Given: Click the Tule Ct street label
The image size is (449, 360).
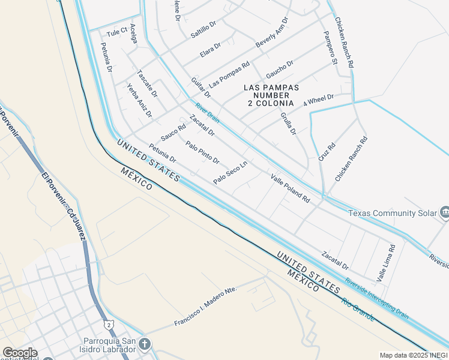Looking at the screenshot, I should (117, 31).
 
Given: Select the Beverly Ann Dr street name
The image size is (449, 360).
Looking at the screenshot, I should (273, 34).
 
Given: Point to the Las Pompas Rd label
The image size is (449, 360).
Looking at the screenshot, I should (229, 73).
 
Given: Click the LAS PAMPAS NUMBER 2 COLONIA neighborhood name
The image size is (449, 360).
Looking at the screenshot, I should (271, 95).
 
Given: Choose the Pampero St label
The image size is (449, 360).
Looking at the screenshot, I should (330, 48).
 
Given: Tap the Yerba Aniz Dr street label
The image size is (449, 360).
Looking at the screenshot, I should (140, 100).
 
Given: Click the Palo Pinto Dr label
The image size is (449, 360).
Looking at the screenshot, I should (202, 152).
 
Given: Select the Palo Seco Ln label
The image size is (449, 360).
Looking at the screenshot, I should (230, 173).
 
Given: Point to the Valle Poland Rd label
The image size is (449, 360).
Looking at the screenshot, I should (290, 188).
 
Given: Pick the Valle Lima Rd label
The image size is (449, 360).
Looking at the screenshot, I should (386, 263).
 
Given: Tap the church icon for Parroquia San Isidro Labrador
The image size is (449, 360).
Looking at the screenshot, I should (144, 344).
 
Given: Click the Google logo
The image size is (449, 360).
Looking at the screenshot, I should (19, 353).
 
